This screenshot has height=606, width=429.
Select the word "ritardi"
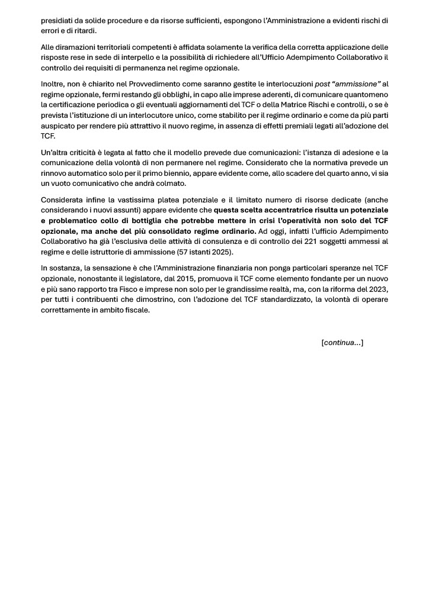click(x=84, y=31)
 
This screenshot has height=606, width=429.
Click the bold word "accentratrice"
click(x=277, y=210)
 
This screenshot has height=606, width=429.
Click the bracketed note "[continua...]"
click(x=342, y=342)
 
